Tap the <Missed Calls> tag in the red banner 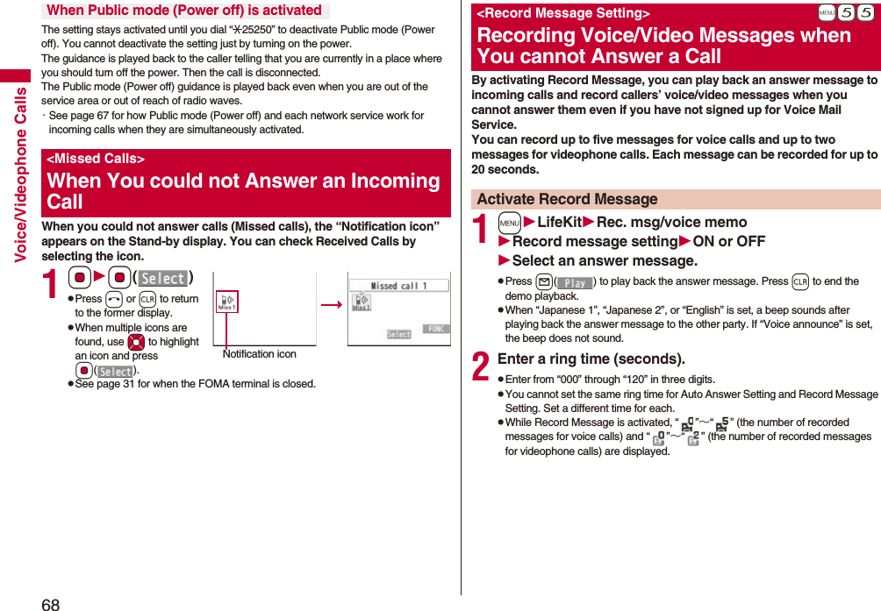click(95, 159)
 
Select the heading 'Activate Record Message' click(567, 199)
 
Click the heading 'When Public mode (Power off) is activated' click(184, 11)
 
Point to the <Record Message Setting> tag click(562, 14)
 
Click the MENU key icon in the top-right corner click(825, 14)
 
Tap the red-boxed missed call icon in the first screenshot click(226, 302)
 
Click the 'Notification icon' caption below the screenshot click(259, 354)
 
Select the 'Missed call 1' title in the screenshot click(398, 287)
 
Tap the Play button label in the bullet click(575, 282)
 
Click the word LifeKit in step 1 click(559, 223)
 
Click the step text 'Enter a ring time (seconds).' click(591, 359)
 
